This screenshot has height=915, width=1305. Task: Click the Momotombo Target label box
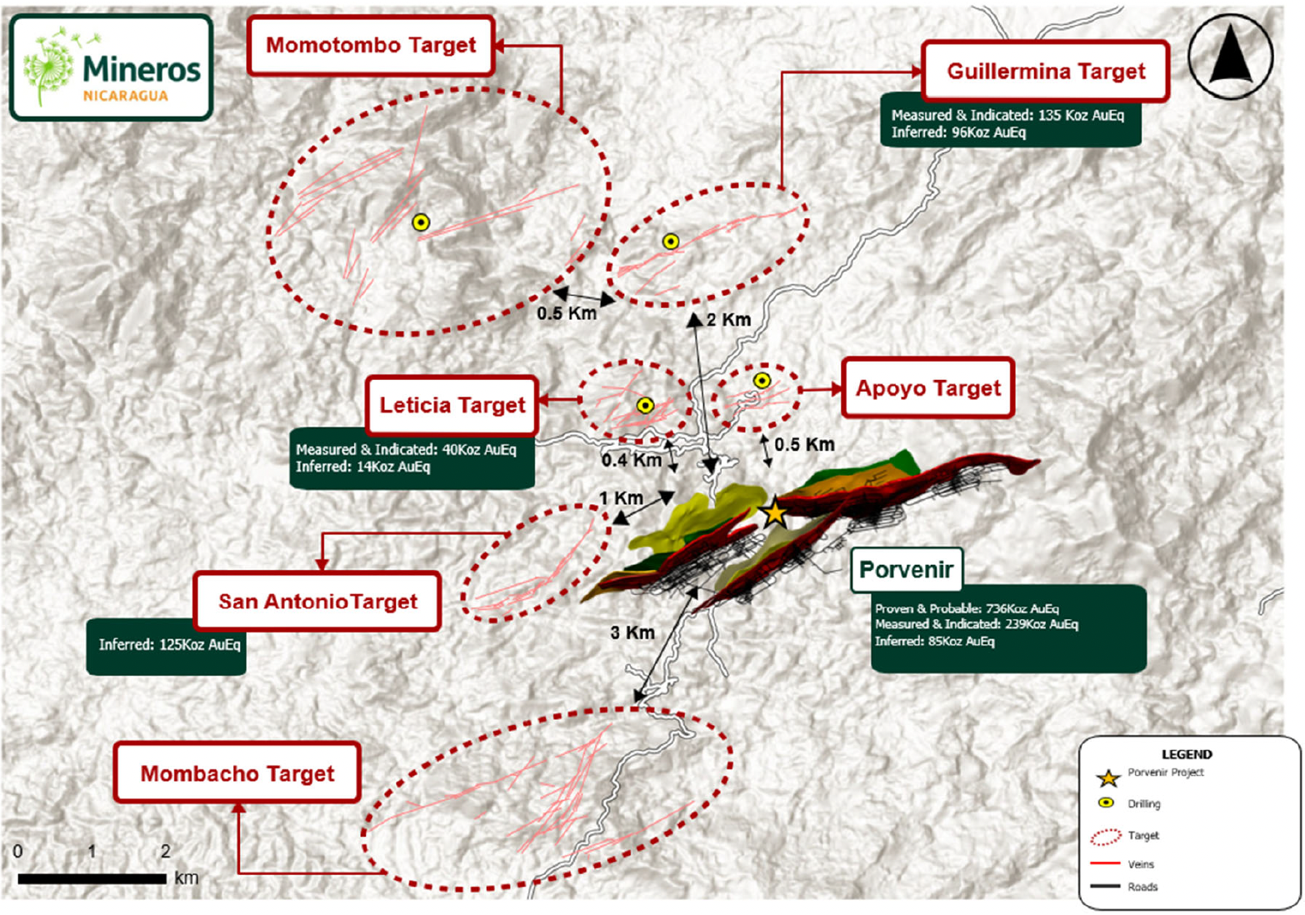click(x=371, y=45)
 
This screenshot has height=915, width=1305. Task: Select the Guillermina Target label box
click(x=1046, y=72)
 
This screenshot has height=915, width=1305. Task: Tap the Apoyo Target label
click(x=927, y=388)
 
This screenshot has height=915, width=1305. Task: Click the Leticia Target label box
click(x=452, y=406)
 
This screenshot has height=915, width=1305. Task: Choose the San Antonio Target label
click(x=317, y=602)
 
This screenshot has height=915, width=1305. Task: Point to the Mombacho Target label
click(x=237, y=773)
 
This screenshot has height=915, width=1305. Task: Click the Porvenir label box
click(x=906, y=570)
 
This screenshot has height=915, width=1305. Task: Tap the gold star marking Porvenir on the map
click(x=775, y=512)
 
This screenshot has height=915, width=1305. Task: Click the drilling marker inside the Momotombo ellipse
click(x=421, y=222)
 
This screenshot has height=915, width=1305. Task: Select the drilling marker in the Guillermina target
click(x=671, y=242)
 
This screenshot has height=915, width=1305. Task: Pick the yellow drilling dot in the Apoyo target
click(x=762, y=381)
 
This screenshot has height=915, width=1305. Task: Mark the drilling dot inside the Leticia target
click(x=645, y=406)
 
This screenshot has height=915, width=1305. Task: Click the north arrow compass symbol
click(x=1231, y=56)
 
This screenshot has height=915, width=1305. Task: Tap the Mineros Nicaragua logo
click(x=112, y=67)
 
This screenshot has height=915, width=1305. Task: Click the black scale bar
click(x=92, y=878)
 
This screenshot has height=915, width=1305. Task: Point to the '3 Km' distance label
click(x=632, y=633)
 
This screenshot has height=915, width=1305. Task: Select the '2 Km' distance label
click(x=728, y=320)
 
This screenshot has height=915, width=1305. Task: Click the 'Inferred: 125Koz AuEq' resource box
click(x=167, y=646)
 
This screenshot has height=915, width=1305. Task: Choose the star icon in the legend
click(x=1107, y=778)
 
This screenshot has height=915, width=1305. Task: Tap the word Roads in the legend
click(x=1142, y=887)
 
